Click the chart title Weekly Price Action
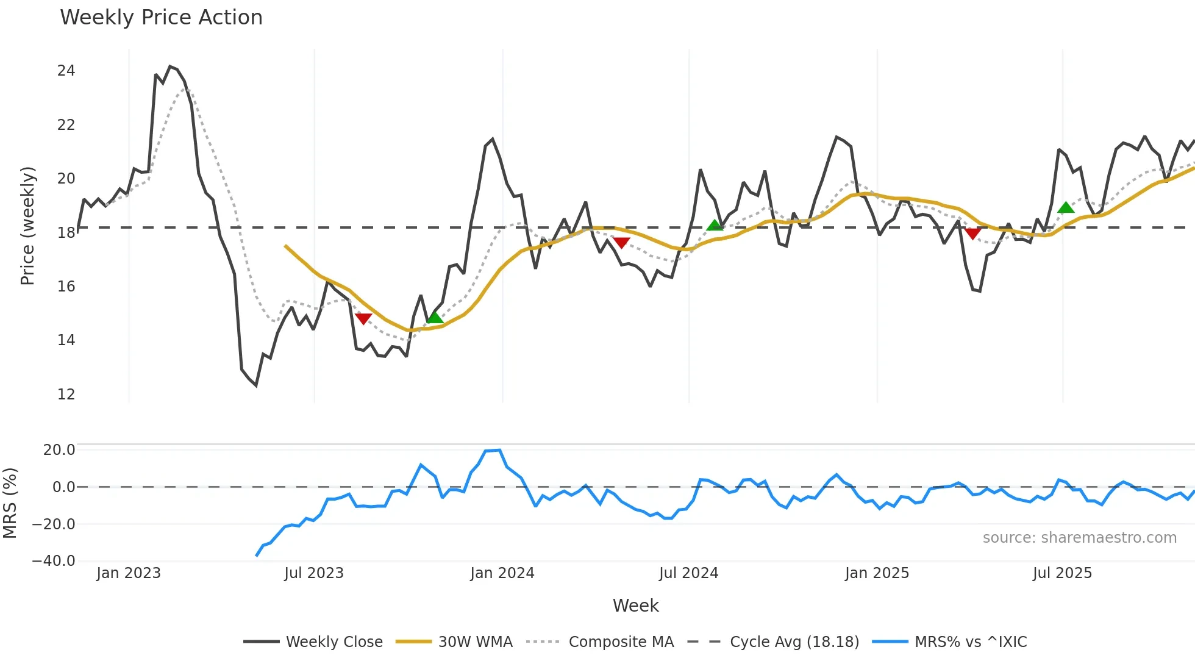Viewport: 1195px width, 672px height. (x=161, y=18)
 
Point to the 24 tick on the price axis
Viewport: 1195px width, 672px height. (x=66, y=71)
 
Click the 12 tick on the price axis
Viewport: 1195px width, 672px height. (x=66, y=395)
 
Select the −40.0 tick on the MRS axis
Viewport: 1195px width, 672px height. (x=54, y=561)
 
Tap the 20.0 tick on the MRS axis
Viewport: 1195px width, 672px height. (x=59, y=450)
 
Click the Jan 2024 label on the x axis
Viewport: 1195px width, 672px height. (x=502, y=573)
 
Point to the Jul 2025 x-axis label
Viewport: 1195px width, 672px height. (x=1062, y=573)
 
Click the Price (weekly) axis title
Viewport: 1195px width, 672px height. (x=27, y=226)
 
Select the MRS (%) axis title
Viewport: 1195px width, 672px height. (x=10, y=503)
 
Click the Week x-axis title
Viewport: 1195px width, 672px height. (x=635, y=606)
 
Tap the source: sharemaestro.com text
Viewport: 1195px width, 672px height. (x=1079, y=538)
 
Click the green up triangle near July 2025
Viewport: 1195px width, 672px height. (x=1066, y=208)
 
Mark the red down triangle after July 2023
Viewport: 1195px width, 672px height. (x=363, y=318)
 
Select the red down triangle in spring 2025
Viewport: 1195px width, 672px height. (x=973, y=233)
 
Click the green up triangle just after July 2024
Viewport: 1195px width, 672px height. (x=715, y=226)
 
